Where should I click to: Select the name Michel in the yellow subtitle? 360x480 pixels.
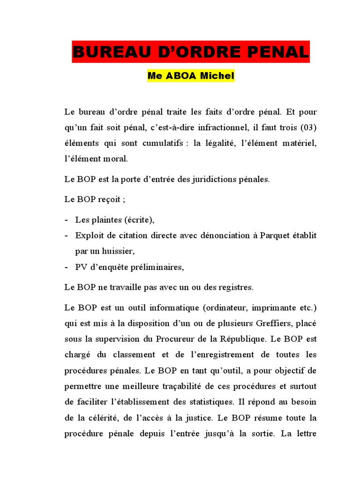pos(215,76)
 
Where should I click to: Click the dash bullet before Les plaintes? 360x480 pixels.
pos(67,220)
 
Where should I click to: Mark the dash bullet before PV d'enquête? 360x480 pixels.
pos(67,267)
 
